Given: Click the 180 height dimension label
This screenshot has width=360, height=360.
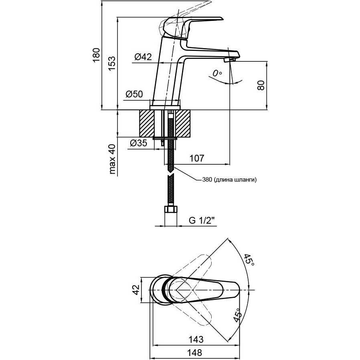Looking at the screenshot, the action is click(x=97, y=55).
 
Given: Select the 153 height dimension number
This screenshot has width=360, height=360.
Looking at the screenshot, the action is click(x=112, y=63).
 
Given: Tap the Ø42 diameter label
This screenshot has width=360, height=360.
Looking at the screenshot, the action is click(x=143, y=57).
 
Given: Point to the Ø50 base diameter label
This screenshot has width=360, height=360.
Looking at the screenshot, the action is click(x=134, y=94).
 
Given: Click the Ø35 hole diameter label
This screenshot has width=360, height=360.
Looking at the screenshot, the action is click(x=138, y=143).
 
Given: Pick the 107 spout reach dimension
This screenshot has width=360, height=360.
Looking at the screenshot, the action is click(x=196, y=158).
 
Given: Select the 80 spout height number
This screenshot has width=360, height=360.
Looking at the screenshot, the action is click(x=261, y=85).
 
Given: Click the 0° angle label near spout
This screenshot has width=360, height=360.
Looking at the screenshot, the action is click(x=217, y=73).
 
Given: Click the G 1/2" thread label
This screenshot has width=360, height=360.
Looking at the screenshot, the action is click(x=202, y=220).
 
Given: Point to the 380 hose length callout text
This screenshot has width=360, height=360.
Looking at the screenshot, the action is click(x=229, y=180).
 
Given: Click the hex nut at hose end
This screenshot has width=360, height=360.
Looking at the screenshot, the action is click(x=171, y=209).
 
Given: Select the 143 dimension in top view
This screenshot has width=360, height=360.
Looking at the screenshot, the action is click(x=196, y=339).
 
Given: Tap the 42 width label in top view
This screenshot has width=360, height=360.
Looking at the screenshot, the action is click(x=136, y=290).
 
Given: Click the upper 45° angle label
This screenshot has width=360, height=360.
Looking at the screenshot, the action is click(x=249, y=260).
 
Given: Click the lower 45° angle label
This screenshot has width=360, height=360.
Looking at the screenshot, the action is click(x=237, y=315).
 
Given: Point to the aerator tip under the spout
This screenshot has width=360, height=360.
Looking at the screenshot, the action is click(x=230, y=60).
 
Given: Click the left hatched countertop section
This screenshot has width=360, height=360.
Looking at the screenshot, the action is click(x=146, y=124).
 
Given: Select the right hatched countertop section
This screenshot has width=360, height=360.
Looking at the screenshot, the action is click(x=183, y=124).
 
